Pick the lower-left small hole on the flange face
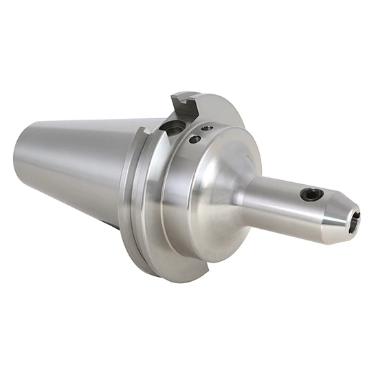[195, 140]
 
